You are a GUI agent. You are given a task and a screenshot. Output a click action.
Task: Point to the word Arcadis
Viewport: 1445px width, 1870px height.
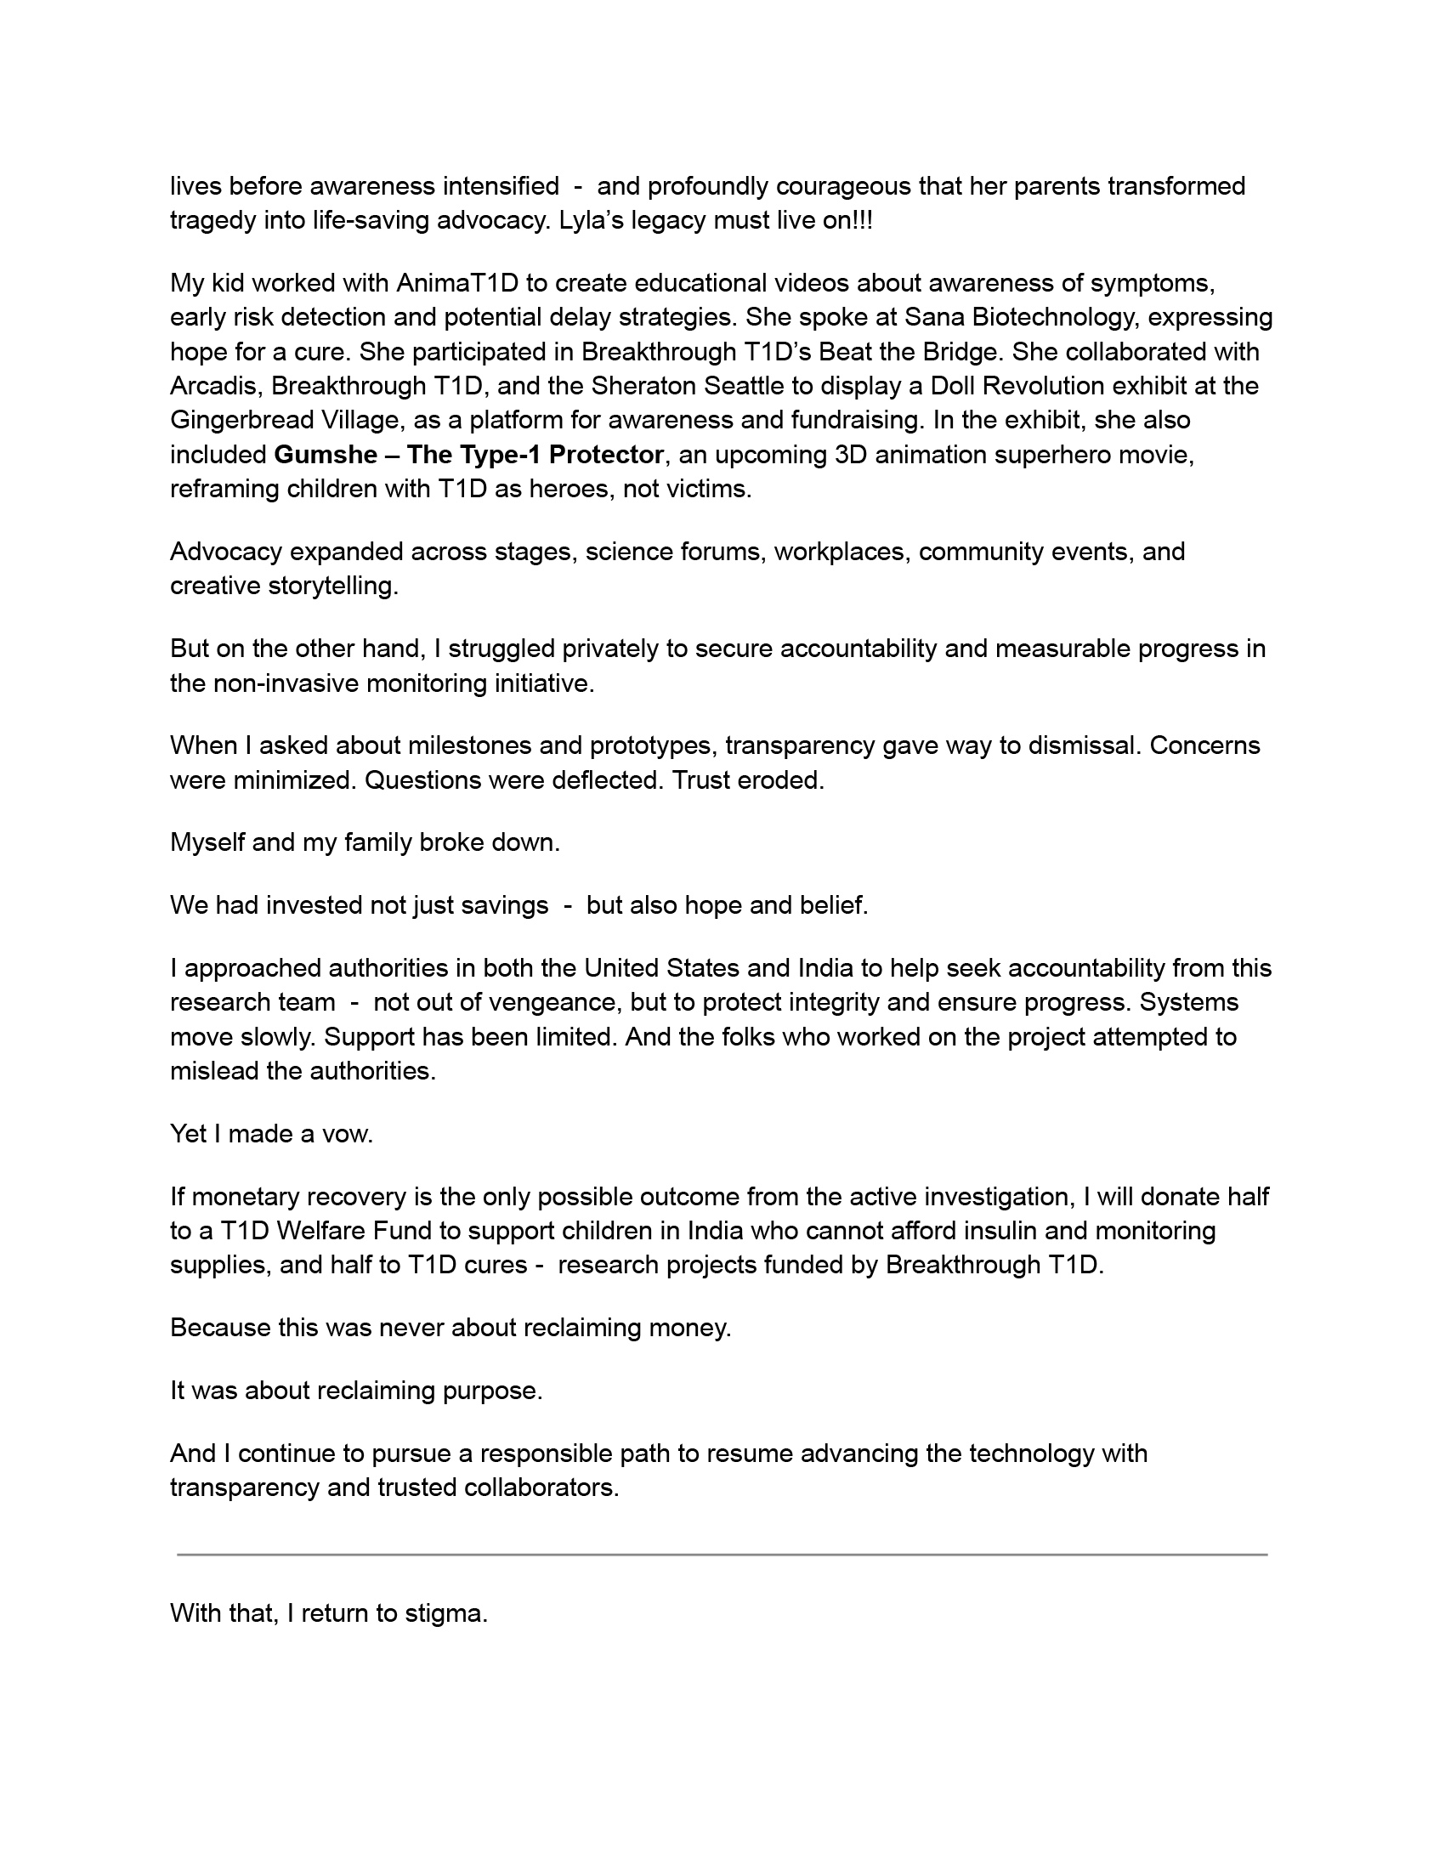pyautogui.click(x=216, y=386)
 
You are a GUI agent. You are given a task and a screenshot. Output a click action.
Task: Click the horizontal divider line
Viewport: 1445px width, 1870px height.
pyautogui.click(x=722, y=1554)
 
